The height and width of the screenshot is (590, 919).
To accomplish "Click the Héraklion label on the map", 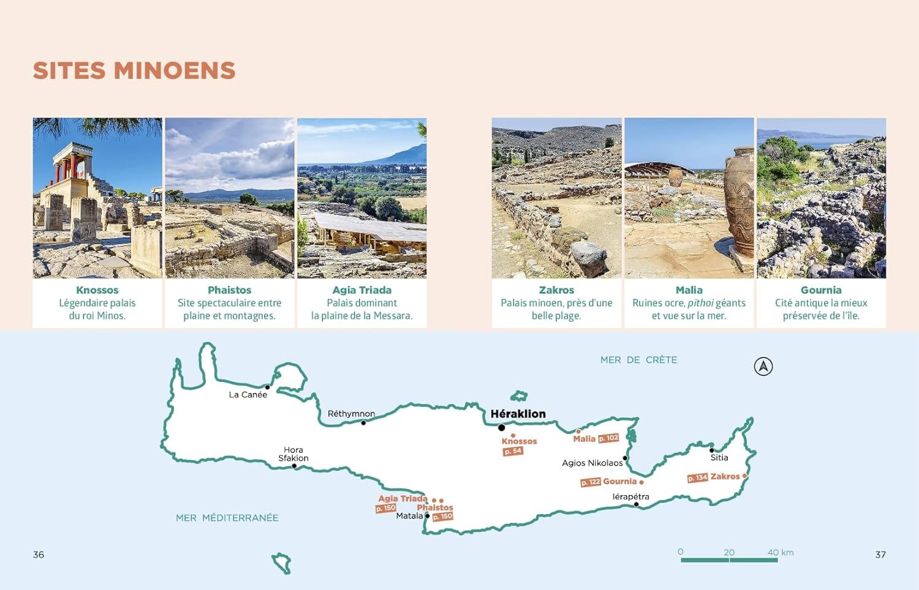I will (518, 414).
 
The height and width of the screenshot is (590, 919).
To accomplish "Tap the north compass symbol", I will (763, 367).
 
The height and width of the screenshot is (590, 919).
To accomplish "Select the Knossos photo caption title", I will (97, 290).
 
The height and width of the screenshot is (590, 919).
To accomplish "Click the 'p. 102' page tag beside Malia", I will (608, 438).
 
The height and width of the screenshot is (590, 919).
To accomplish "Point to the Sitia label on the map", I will (719, 458).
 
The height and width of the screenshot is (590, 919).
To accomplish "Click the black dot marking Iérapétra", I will (637, 504).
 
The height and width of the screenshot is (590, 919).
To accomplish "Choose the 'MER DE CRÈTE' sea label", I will (638, 360).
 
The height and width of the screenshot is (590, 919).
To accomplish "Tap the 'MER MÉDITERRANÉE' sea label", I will (227, 518).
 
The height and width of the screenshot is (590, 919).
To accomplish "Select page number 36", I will (39, 555).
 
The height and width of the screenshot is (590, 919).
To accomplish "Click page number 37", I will (880, 555).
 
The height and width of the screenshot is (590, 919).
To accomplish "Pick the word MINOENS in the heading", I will (175, 71).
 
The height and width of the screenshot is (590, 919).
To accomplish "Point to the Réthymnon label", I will (351, 414).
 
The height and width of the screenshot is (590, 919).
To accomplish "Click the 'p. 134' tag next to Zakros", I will (697, 478).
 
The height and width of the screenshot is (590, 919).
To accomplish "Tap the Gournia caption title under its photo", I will (821, 290).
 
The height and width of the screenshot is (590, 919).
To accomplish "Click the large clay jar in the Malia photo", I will (738, 202).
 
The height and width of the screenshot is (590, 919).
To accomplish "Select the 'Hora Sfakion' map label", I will (293, 454).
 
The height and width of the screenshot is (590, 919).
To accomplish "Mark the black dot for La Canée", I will (267, 387).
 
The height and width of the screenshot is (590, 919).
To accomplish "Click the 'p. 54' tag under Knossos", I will (513, 452).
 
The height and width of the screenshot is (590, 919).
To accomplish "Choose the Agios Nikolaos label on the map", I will (592, 463).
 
